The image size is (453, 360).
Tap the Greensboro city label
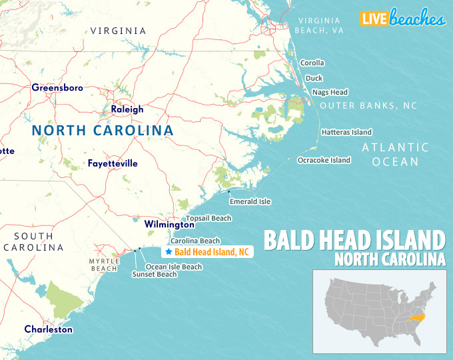click(x=57, y=87)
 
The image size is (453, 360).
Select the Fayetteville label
click(x=113, y=163)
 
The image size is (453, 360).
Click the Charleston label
click(x=49, y=329)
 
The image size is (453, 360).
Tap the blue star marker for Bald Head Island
click(x=169, y=252)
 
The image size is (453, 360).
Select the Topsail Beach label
click(x=209, y=218)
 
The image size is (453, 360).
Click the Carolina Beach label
click(x=195, y=241)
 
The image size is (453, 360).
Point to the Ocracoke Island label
click(x=323, y=160)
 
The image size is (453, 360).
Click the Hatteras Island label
click(x=346, y=132)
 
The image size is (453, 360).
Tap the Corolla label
click(x=312, y=63)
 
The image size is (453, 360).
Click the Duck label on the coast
click(x=314, y=78)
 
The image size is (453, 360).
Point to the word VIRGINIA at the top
click(x=119, y=31)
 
